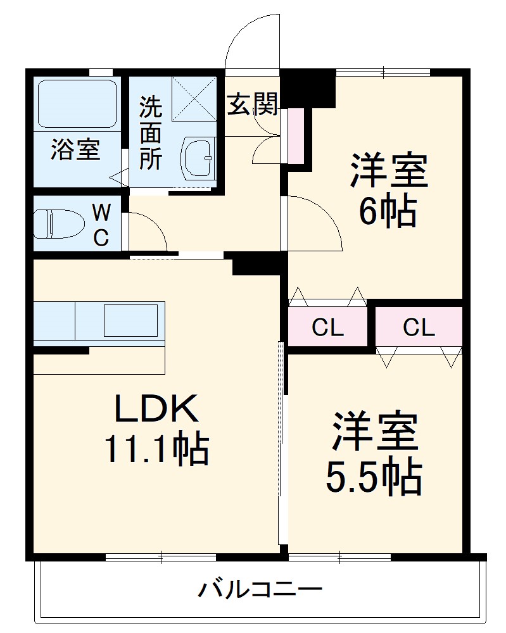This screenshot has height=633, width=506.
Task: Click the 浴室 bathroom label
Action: pyautogui.click(x=75, y=151)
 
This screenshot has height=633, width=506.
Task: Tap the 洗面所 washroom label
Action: pyautogui.click(x=151, y=132)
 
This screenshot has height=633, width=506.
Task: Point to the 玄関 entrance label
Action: pyautogui.click(x=253, y=104)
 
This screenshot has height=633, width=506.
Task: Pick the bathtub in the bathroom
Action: pyautogui.click(x=77, y=104)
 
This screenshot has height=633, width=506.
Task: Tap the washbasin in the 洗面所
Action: pyautogui.click(x=198, y=158)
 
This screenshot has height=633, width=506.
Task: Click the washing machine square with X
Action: pyautogui.click(x=194, y=99)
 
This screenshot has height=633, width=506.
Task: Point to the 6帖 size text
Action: pyautogui.click(x=388, y=211)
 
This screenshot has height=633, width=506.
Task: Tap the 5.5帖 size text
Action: pyautogui.click(x=374, y=478)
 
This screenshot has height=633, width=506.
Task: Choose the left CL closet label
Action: pyautogui.click(x=327, y=328)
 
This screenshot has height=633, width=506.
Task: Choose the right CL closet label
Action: pyautogui.click(x=419, y=328)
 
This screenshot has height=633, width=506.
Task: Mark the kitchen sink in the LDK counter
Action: pyautogui.click(x=130, y=320)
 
